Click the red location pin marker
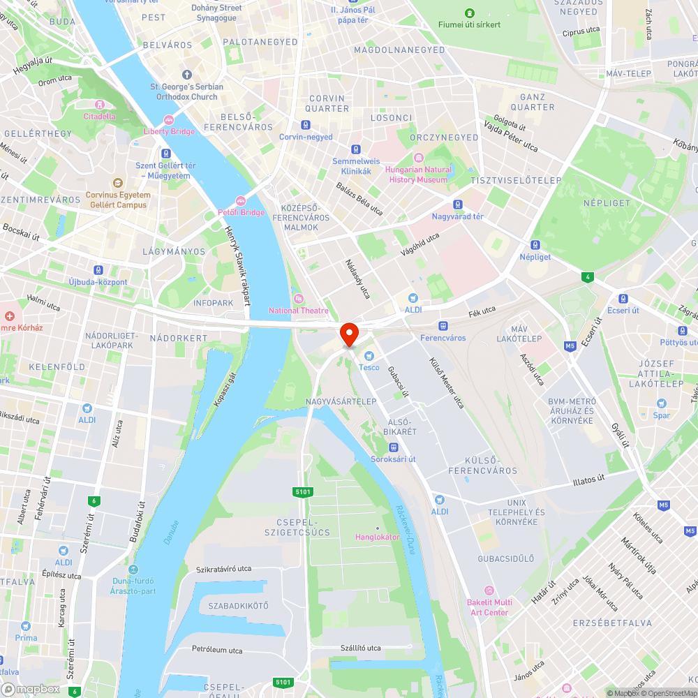(348, 334)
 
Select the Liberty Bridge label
(169, 131)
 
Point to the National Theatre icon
(298, 299)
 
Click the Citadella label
(100, 116)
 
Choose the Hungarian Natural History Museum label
(418, 174)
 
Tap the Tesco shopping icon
(369, 356)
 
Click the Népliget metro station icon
(535, 245)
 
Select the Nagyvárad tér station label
(458, 216)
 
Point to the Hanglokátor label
(377, 537)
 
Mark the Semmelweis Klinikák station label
(356, 166)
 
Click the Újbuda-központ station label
(98, 282)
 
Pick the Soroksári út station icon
(394, 447)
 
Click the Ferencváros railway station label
(443, 338)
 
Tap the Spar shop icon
(661, 403)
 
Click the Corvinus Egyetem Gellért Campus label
(118, 200)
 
